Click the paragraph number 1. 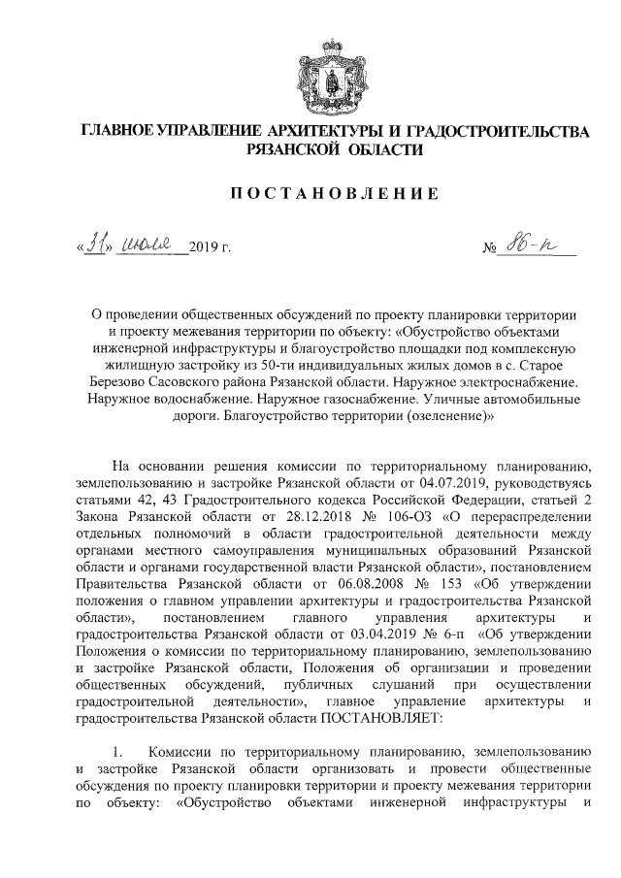[x=117, y=752]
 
